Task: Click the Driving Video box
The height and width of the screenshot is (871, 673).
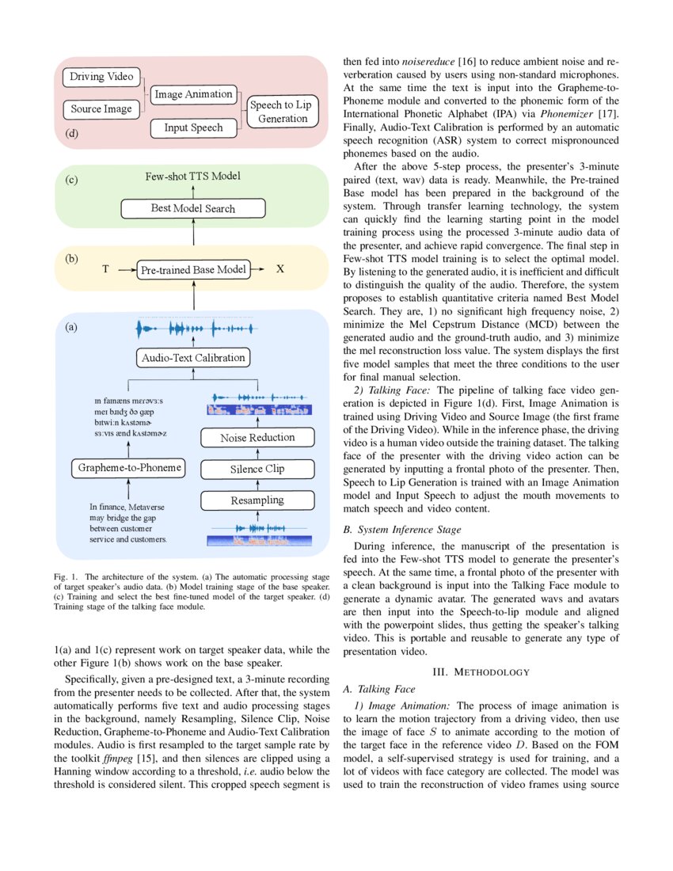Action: [101, 77]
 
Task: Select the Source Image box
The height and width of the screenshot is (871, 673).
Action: [101, 108]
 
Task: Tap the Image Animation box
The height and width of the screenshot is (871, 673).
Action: [193, 94]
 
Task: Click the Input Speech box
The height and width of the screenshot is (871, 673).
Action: [193, 127]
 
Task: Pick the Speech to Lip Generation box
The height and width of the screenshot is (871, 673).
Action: [282, 112]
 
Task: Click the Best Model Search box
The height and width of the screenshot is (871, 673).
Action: [192, 208]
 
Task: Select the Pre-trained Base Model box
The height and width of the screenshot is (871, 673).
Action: [193, 270]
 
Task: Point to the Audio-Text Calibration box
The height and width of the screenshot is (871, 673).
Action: [193, 357]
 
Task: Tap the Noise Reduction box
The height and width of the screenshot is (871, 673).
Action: [257, 437]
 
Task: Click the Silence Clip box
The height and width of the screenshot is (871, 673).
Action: [257, 469]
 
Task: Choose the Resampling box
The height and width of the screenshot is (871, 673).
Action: [257, 500]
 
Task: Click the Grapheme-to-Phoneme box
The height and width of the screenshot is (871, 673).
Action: [129, 468]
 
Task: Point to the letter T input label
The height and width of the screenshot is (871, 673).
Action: [105, 270]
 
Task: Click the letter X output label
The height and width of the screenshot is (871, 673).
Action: [279, 270]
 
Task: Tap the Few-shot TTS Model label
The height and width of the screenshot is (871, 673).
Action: [192, 176]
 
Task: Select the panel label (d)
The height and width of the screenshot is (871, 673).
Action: [72, 133]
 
